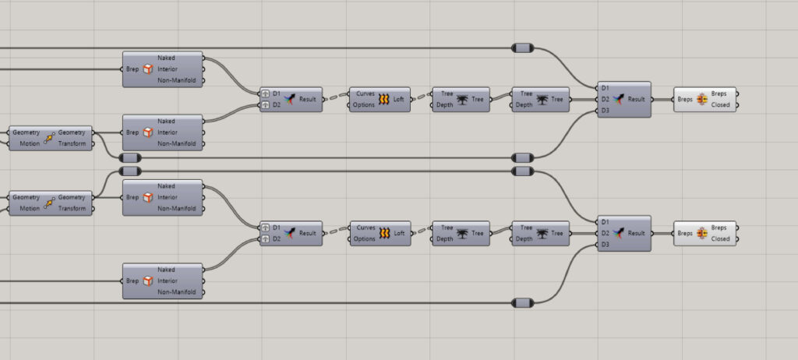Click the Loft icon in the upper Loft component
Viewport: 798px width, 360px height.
pos(383,100)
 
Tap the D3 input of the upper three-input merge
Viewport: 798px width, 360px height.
pos(606,111)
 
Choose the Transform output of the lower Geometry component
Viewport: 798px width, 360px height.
pos(73,208)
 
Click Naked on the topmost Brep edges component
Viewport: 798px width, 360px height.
pos(166,58)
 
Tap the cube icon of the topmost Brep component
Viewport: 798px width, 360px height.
pos(148,69)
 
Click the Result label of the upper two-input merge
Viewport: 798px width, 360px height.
pos(308,100)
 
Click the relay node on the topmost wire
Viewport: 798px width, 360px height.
pos(522,48)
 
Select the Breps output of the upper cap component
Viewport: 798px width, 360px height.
pos(720,94)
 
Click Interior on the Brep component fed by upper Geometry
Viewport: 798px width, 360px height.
pos(168,132)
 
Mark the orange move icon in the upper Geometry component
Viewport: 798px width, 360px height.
pos(49,138)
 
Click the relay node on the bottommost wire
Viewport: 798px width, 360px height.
pos(522,302)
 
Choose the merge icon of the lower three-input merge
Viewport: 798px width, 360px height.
pos(620,233)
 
